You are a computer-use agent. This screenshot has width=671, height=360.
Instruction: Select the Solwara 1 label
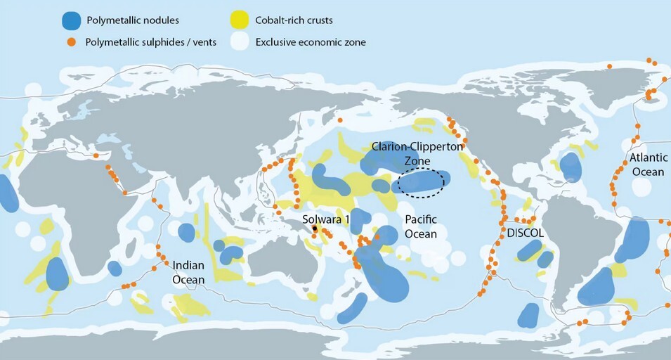tap(326, 219)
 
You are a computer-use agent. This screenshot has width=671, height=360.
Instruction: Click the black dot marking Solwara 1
tap(315, 229)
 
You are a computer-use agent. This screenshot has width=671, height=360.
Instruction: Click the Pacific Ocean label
tap(420, 226)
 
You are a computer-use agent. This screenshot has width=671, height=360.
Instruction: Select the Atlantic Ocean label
tap(648, 165)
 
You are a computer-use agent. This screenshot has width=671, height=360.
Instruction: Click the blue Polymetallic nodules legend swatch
tap(70, 20)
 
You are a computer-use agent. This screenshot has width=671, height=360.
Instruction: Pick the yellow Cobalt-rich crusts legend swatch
tap(238, 20)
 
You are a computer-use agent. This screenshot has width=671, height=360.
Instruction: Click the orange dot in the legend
tap(70, 42)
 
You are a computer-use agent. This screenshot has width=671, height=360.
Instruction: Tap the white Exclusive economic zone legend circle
tap(238, 42)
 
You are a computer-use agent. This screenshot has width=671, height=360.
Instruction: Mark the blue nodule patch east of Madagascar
tap(115, 268)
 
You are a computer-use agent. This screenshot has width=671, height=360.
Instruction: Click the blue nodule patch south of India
tap(186, 232)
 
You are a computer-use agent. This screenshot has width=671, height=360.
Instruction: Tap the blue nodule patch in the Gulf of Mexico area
tap(571, 167)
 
